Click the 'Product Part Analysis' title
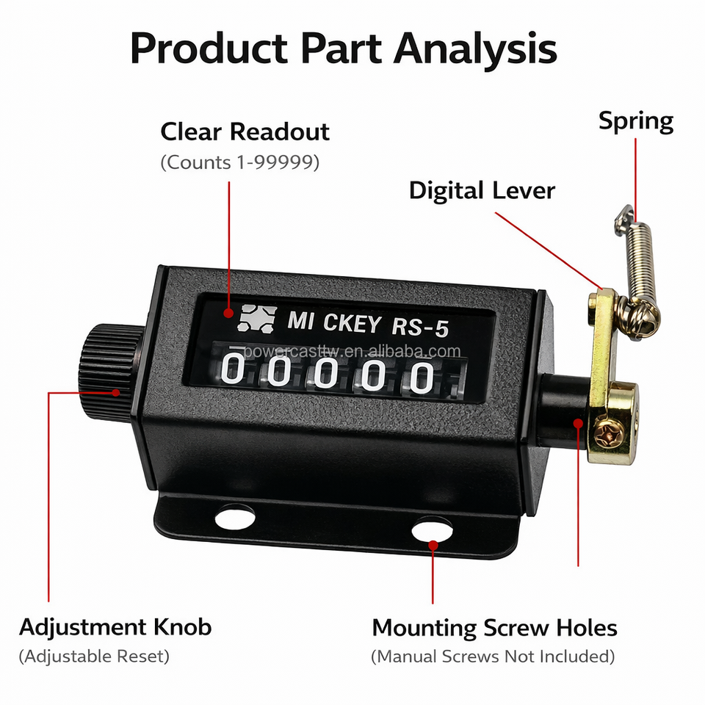[x=344, y=48]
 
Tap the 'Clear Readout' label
[x=245, y=132]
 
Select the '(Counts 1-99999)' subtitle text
[x=239, y=162]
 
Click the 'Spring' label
[x=635, y=121]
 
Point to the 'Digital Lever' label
[x=482, y=191]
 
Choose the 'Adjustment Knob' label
[x=115, y=628]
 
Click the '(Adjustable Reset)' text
[x=94, y=656]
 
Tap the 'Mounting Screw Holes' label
[x=494, y=629]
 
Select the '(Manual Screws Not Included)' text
[x=493, y=656]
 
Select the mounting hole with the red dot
[x=432, y=530]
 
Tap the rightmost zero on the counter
[x=422, y=377]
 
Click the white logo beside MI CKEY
[x=255, y=316]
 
